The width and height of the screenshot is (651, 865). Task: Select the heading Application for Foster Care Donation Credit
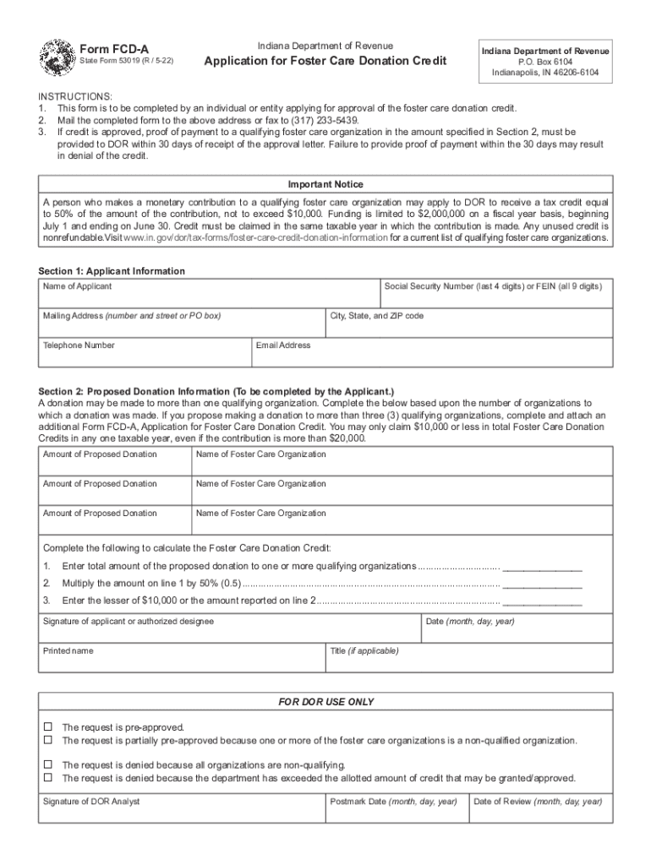coord(325,62)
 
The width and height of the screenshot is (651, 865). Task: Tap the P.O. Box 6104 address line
coord(544,62)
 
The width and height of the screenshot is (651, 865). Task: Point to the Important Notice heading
coord(325,184)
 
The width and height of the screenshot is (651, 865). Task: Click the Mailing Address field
coord(182,328)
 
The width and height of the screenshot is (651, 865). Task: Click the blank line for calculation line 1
coord(542,567)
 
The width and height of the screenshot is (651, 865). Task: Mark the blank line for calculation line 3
coord(542,601)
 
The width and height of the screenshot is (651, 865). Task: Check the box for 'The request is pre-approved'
coord(48,726)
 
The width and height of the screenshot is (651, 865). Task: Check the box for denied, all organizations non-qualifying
coord(48,764)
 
